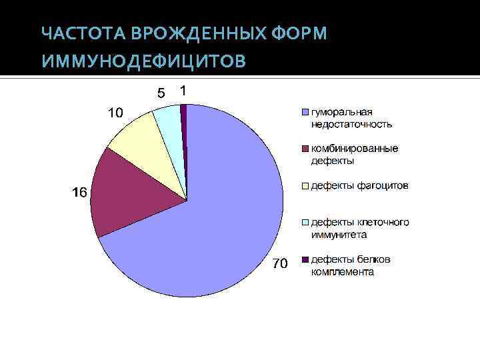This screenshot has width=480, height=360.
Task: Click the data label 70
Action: coord(279,265)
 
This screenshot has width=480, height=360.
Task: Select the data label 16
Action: coord(79,193)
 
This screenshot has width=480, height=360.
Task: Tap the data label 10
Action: coord(115,114)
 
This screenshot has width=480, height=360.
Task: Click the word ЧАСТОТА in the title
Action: coord(85,34)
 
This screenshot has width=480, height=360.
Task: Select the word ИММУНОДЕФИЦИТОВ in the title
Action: coord(143,62)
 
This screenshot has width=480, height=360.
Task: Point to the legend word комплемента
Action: coord(342,272)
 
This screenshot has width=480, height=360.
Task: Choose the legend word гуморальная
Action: coord(341,111)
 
